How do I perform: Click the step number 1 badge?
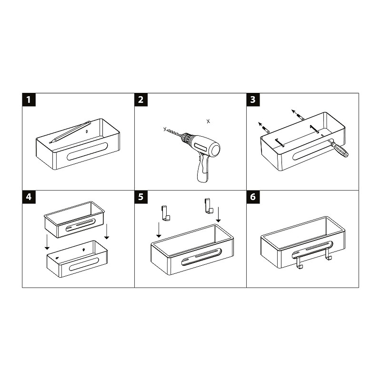(x=30, y=100)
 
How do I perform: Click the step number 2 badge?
(x=141, y=100)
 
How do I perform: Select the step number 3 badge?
(x=253, y=100)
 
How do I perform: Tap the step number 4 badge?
(x=30, y=197)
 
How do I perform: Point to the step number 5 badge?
(x=141, y=197)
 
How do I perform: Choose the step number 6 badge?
(x=253, y=197)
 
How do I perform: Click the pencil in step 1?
(x=70, y=131)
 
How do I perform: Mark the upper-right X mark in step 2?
(x=208, y=121)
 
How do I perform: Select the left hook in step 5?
(x=165, y=213)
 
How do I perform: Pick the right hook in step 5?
(x=207, y=206)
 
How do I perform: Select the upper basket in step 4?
(x=74, y=219)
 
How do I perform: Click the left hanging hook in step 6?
(x=299, y=261)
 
